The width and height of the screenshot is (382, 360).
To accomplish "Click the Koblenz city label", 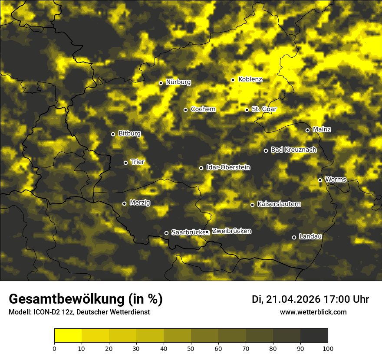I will tap(250, 79).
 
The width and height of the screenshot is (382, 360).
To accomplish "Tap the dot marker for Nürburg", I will tap(161, 83).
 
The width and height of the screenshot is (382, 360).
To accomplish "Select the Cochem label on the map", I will tap(203, 109).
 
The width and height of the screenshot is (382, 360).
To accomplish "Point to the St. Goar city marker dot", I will tap(247, 110).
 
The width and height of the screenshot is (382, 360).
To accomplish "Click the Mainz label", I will tap(322, 130).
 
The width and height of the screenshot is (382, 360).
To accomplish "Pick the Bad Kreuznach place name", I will tap(293, 150).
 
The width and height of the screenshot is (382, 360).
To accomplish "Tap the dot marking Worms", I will tap(320, 180).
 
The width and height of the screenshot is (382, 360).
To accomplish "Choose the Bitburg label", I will tap(129, 134).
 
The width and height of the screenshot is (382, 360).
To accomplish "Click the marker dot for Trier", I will tap(125, 163).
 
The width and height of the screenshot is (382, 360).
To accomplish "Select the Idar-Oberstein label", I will tap(228, 167).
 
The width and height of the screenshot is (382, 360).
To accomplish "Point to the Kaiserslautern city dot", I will tap(252, 205).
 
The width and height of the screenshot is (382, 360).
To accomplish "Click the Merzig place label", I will tap(140, 203).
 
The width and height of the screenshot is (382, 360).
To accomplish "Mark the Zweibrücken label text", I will tap(231, 231).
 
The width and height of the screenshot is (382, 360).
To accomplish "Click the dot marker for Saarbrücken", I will tap(166, 233).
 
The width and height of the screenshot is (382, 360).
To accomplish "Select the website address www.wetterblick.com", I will tap(313, 312).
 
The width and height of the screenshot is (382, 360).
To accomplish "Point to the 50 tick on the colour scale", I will tap(191, 348).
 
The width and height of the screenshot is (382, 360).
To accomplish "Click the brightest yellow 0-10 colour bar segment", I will tap(68, 336).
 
